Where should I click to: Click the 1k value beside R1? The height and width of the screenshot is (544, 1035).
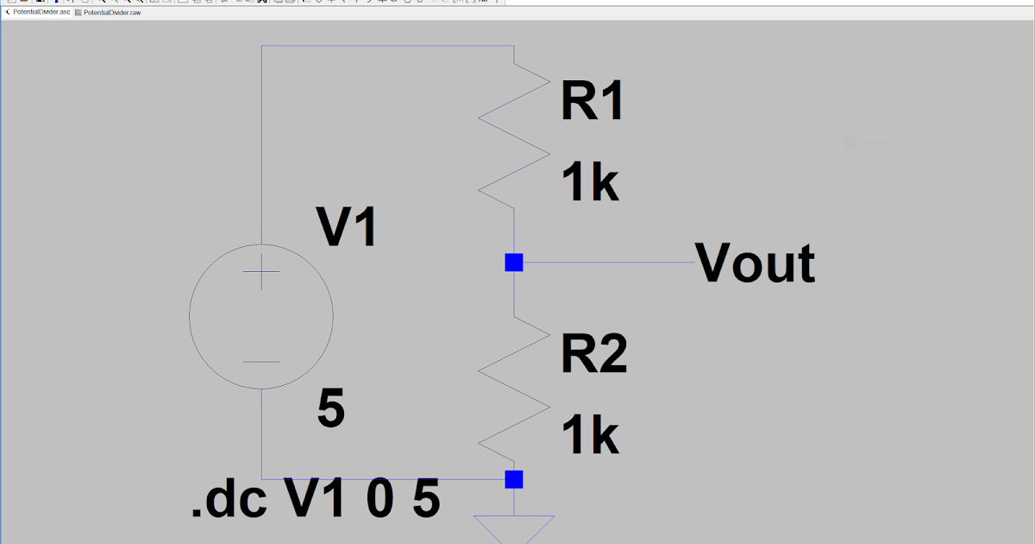click(x=590, y=184)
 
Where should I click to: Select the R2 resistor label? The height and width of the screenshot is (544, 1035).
click(x=594, y=354)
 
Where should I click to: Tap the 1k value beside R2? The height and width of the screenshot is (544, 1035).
click(x=590, y=435)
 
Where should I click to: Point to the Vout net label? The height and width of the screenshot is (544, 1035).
click(x=756, y=263)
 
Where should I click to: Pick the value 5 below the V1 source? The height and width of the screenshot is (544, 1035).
click(x=331, y=409)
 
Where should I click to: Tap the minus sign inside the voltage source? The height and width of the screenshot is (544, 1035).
click(x=260, y=362)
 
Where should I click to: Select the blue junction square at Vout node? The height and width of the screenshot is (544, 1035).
click(x=514, y=263)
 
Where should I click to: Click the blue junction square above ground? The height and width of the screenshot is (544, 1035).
click(x=514, y=479)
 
